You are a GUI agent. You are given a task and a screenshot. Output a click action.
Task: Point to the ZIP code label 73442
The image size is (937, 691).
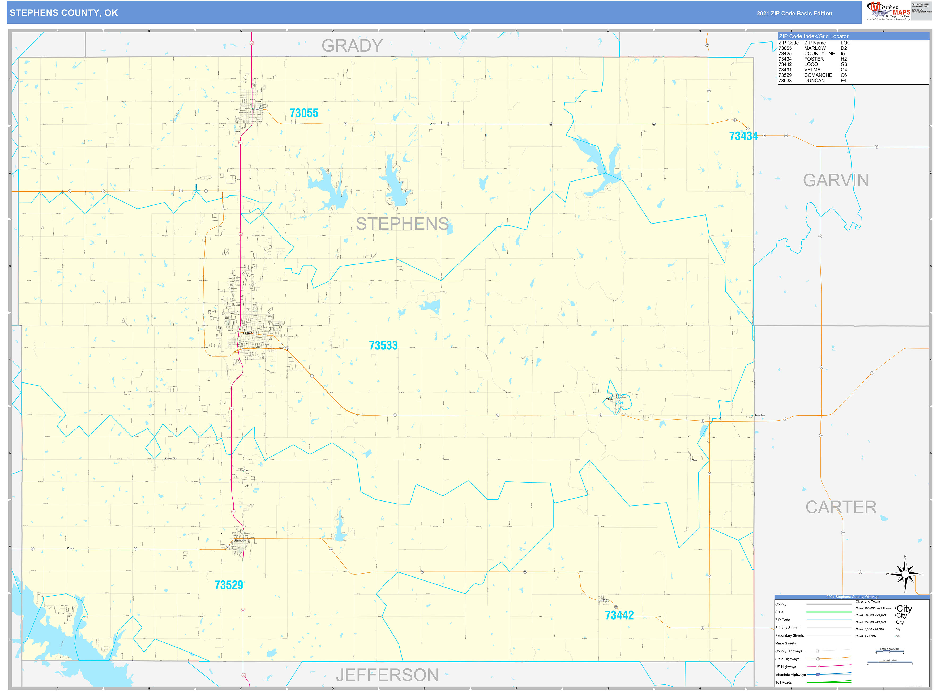(619, 615)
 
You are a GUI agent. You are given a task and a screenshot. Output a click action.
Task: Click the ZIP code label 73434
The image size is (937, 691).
(743, 136)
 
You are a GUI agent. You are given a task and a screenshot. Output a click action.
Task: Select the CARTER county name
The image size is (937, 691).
(841, 507)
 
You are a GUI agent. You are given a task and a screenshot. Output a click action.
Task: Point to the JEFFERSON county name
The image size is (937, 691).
(387, 675)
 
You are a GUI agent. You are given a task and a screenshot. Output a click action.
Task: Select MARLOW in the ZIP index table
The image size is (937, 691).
(815, 48)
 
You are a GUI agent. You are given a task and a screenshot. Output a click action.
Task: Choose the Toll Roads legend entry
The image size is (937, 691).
(783, 682)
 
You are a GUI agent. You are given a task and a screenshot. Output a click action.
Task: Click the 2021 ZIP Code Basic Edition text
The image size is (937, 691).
(794, 13)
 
